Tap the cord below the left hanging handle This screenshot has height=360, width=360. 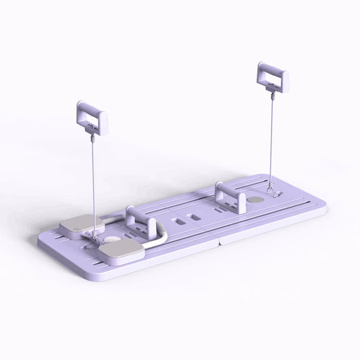pyautogui.click(x=91, y=176)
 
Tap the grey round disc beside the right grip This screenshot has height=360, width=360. pyautogui.click(x=256, y=201)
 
